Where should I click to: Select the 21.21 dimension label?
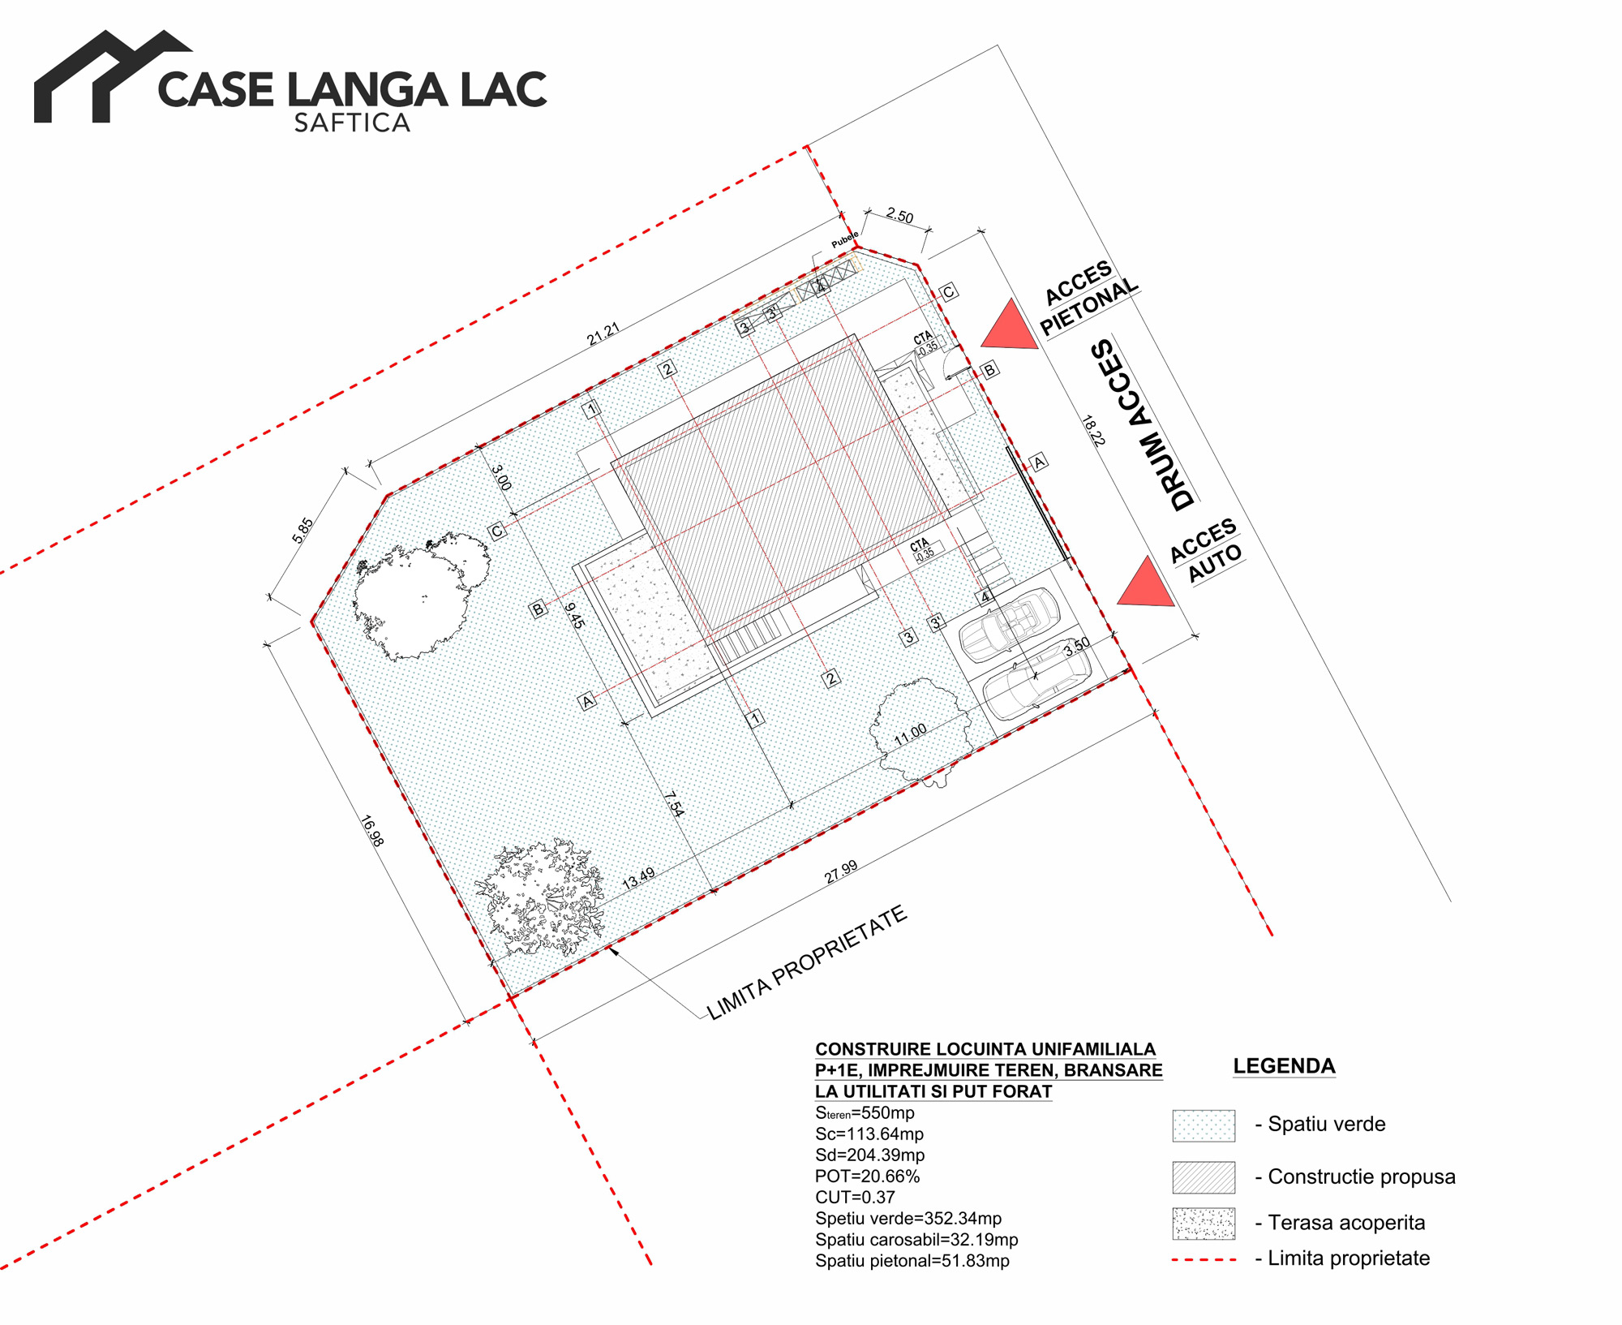point(603,333)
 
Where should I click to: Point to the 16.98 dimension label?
point(371,832)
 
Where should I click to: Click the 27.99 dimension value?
point(841,871)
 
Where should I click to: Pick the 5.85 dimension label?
point(303,530)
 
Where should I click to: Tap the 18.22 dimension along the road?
point(1093,431)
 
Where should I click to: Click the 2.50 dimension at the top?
point(899,216)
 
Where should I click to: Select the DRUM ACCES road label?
point(1144,424)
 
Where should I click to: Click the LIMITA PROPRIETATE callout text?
point(807,962)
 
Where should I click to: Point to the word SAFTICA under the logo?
point(352,123)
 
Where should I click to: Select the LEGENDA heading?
point(1284,1065)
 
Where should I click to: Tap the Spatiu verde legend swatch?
point(1204,1125)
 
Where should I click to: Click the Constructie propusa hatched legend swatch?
point(1204,1177)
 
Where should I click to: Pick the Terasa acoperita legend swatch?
point(1204,1224)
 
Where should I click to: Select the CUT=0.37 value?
point(855,1198)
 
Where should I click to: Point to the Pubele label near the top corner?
point(844,239)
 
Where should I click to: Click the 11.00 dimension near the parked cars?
point(910,734)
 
